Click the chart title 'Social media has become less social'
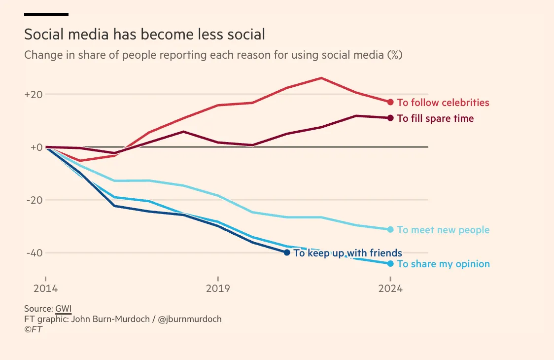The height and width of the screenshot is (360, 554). (144, 35)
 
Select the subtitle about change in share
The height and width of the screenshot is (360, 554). (213, 55)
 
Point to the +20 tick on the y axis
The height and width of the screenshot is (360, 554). (34, 94)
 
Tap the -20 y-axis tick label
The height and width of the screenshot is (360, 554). (34, 200)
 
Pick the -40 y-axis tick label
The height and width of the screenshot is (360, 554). (34, 253)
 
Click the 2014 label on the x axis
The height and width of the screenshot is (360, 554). (45, 288)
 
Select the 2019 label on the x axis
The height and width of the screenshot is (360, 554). (218, 288)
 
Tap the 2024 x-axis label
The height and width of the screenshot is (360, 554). (390, 288)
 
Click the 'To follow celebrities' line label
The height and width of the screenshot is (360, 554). (443, 103)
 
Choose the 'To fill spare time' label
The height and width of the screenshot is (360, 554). (435, 118)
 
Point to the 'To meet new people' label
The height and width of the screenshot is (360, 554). (443, 230)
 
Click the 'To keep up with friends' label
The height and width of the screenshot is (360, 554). (347, 253)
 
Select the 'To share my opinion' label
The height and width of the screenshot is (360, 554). (443, 264)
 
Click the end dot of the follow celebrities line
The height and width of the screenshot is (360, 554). (390, 102)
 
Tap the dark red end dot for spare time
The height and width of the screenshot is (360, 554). (390, 118)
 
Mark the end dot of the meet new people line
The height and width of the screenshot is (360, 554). (390, 229)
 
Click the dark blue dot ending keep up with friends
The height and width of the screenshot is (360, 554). (287, 252)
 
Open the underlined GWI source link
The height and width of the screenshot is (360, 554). (63, 309)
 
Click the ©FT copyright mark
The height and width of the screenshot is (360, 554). (33, 329)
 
